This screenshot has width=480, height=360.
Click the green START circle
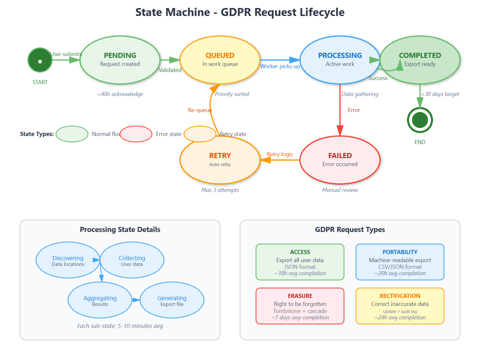click(40, 60)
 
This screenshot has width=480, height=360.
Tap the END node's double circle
click(420, 120)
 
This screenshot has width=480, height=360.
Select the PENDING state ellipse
click(120, 60)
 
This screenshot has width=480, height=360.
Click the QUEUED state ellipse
click(220, 60)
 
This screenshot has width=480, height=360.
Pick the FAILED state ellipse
click(340, 160)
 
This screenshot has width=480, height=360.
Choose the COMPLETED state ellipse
click(420, 60)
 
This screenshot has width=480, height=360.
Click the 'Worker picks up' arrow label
click(280, 66)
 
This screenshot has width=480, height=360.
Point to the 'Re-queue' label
click(200, 110)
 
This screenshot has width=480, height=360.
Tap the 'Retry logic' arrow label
click(280, 154)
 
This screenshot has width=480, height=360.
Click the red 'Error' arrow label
click(354, 110)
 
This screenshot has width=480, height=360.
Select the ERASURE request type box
click(300, 306)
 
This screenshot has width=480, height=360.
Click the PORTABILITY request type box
click(400, 262)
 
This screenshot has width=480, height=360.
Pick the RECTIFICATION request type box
click(400, 306)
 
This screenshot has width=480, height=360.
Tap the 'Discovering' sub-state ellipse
click(68, 260)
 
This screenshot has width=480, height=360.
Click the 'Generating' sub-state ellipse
click(172, 300)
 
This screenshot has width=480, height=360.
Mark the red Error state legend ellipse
click(136, 134)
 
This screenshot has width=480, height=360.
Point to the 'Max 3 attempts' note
click(220, 190)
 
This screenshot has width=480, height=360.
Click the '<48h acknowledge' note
click(120, 94)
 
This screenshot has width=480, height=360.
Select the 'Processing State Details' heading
click(120, 229)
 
